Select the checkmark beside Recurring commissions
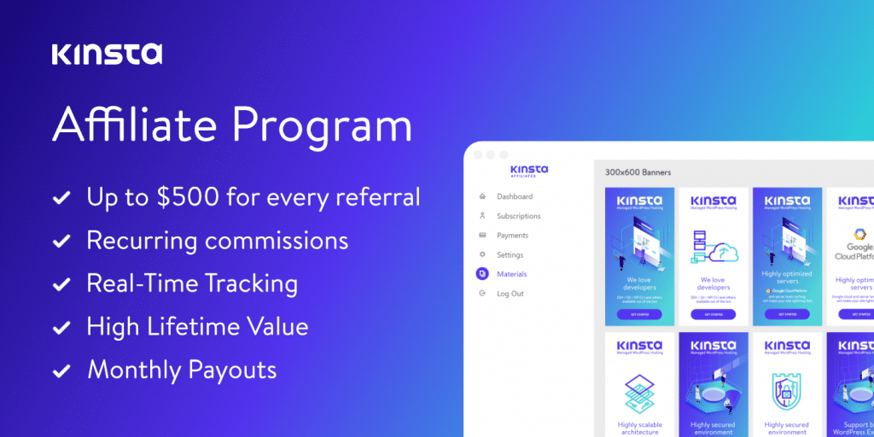coord(61,242)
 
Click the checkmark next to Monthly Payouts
coord(61,371)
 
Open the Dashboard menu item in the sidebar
coord(514,196)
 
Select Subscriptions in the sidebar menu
coord(518,216)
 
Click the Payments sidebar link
coord(512,236)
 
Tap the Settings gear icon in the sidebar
coord(483,255)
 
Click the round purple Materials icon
coord(483,274)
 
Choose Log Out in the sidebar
coord(510,294)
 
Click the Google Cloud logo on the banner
coord(859,236)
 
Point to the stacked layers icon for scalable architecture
coord(639,392)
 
